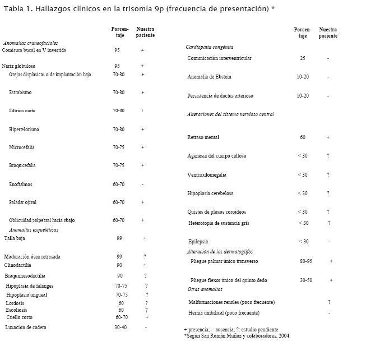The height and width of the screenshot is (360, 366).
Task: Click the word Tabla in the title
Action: pos(14,9)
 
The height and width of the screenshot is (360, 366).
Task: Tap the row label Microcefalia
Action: pos(22,147)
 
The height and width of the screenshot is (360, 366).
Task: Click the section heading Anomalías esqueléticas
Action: pos(33,230)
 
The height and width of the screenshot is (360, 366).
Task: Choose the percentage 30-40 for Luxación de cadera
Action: pos(120,327)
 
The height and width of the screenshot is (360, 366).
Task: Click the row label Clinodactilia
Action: pos(17,265)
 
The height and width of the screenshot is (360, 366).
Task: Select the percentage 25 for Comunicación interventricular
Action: pos(303,58)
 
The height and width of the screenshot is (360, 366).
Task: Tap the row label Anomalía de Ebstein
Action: pos(209,77)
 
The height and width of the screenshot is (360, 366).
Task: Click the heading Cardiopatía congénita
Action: pos(209,47)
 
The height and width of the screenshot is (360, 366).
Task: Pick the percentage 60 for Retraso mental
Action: pos(303,137)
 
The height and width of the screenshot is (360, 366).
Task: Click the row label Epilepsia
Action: pos(198,242)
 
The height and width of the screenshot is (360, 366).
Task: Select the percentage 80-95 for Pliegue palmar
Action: pos(306,261)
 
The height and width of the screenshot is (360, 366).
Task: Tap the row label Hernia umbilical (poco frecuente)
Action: pos(224,312)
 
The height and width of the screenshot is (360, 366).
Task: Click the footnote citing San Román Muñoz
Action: pos(236,336)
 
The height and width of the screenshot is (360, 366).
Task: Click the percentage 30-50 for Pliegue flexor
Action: pos(306,280)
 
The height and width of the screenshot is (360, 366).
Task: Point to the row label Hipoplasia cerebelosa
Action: pos(210,193)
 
